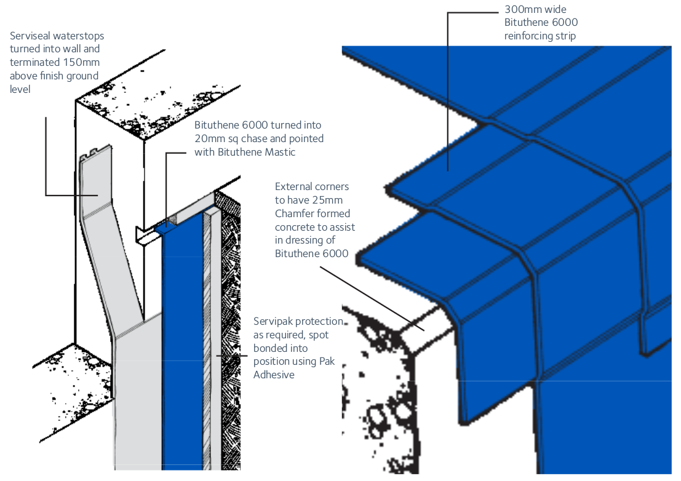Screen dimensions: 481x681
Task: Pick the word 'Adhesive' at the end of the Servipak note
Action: (274, 375)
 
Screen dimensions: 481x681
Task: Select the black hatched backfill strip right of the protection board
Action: (231, 344)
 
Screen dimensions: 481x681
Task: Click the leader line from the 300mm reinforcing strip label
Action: (447, 92)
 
